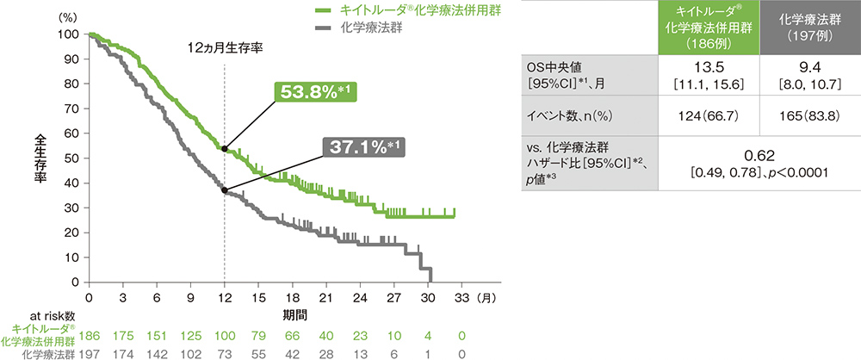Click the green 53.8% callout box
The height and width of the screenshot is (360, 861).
tap(317, 92)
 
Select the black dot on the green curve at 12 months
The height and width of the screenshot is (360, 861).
tap(225, 148)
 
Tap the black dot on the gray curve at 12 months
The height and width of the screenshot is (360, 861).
tap(225, 189)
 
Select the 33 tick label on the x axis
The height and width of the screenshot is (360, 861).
tap(461, 297)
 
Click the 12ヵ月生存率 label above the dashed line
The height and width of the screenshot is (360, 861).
tap(225, 48)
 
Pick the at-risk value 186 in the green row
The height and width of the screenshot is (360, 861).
tap(90, 335)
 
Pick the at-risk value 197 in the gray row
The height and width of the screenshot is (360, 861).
tap(90, 353)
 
